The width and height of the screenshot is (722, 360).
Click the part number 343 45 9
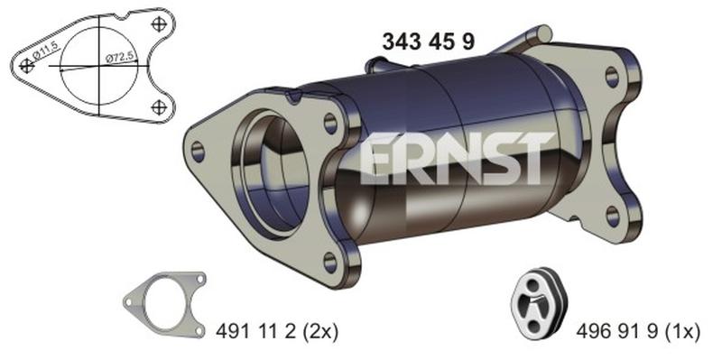(x=428, y=42)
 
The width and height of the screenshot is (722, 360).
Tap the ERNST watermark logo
(x=457, y=158)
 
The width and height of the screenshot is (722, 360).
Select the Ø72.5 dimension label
(x=120, y=58)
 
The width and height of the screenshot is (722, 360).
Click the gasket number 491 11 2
(x=255, y=331)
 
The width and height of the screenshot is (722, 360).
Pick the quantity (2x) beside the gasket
(x=319, y=331)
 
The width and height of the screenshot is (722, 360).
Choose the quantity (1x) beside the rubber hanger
(x=681, y=331)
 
